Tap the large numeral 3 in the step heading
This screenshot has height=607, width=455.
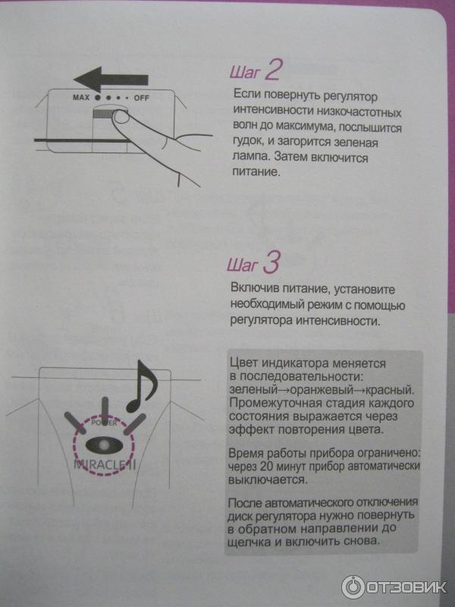(x=271, y=263)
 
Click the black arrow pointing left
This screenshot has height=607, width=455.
(x=111, y=80)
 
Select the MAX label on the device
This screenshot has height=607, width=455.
(x=81, y=98)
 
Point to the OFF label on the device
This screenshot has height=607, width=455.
(x=141, y=99)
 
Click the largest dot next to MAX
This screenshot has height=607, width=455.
(x=98, y=98)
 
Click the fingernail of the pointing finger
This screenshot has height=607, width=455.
(x=122, y=118)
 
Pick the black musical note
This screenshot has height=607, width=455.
(x=142, y=386)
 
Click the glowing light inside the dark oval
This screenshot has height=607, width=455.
(x=103, y=445)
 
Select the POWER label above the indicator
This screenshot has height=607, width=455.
(x=103, y=423)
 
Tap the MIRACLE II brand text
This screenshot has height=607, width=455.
(x=105, y=464)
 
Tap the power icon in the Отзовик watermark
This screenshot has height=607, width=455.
(x=353, y=587)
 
